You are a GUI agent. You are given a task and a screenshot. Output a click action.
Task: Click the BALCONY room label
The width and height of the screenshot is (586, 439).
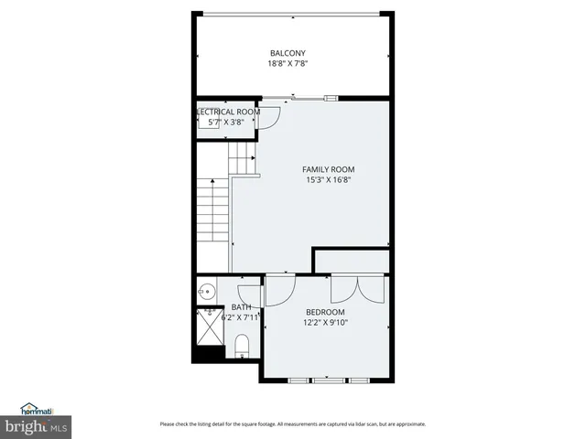coord(288,53)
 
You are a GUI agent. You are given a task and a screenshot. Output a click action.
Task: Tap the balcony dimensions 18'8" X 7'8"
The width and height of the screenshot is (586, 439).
coord(288,64)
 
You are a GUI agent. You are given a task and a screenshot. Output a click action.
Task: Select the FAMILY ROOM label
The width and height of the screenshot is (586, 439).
coord(329,169)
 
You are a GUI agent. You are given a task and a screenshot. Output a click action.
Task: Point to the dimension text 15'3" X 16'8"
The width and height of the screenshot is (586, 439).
coord(329,180)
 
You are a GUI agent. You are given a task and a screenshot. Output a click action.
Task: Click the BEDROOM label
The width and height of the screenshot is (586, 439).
coord(325,313)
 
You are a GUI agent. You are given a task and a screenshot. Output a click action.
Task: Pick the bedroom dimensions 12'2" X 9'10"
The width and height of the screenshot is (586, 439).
coord(325,323)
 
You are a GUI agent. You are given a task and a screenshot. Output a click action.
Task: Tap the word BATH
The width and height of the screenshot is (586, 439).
coord(241,307)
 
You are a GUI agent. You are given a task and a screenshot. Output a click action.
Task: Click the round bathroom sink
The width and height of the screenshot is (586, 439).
coord(207,293)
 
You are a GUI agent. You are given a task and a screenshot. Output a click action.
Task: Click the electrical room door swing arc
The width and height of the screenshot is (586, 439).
coord(270,117)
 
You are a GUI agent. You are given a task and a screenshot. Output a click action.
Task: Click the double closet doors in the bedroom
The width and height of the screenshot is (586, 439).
coord(359,287)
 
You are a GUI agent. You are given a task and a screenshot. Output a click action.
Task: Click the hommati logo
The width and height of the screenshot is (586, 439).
coord(39,411)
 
